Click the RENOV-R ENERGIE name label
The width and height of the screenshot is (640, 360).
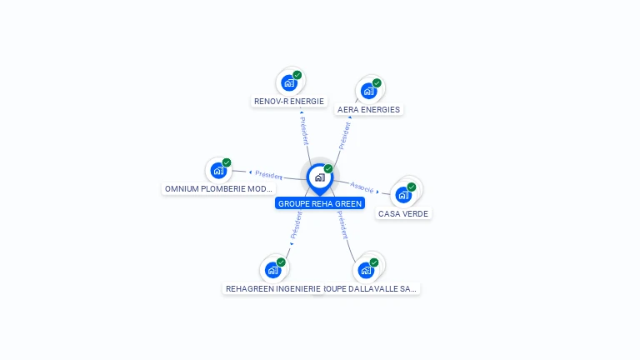click(x=288, y=102)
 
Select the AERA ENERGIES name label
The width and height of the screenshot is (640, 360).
click(x=368, y=109)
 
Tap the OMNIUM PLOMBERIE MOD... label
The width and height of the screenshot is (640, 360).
click(x=218, y=189)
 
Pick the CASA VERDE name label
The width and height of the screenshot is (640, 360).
click(x=403, y=214)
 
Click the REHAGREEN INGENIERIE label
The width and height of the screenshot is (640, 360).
click(x=272, y=289)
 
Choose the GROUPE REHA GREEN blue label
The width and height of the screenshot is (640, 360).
click(x=320, y=203)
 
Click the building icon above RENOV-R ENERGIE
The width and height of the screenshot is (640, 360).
click(x=288, y=82)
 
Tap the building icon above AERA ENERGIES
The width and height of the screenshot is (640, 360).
click(x=368, y=91)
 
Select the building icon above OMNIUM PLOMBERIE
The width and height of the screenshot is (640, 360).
click(x=218, y=170)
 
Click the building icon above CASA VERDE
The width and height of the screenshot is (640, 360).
click(x=403, y=195)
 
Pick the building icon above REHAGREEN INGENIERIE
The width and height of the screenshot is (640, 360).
click(x=272, y=270)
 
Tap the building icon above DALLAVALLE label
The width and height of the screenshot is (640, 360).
click(x=365, y=270)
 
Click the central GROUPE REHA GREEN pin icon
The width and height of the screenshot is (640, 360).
click(x=319, y=177)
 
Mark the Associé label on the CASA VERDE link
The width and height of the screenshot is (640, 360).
click(x=362, y=187)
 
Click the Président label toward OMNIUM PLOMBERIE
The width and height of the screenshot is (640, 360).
click(x=268, y=175)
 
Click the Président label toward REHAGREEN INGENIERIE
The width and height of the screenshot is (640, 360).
click(x=295, y=225)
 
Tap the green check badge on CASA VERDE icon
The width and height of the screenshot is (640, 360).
click(x=412, y=187)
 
